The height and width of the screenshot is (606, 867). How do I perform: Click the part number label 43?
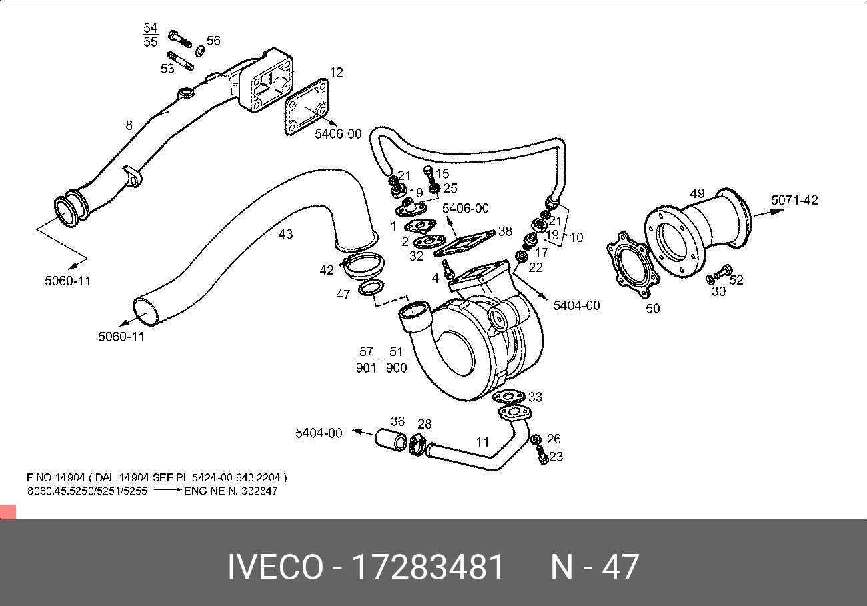285,234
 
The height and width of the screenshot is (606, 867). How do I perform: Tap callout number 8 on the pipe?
129,125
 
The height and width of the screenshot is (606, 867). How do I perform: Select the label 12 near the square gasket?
336,72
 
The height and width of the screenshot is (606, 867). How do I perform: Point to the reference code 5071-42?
794,200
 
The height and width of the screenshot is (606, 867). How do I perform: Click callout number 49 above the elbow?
697,193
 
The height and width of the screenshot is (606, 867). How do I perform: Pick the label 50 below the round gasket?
652,309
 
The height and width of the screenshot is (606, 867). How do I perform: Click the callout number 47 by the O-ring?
343,294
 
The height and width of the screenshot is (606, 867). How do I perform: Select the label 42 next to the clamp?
326,270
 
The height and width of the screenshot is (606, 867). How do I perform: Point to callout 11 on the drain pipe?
482,441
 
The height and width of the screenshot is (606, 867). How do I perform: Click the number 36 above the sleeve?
397,421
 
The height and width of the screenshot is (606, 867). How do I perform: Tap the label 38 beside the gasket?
505,231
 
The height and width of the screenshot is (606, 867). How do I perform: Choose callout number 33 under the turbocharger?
535,397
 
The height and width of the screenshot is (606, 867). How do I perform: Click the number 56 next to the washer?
213,41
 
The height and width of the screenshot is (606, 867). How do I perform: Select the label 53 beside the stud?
167,67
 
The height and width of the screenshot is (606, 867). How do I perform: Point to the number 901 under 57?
366,367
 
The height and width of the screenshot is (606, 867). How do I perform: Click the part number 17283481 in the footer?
427,567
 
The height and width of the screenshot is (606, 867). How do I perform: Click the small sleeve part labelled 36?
391,441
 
